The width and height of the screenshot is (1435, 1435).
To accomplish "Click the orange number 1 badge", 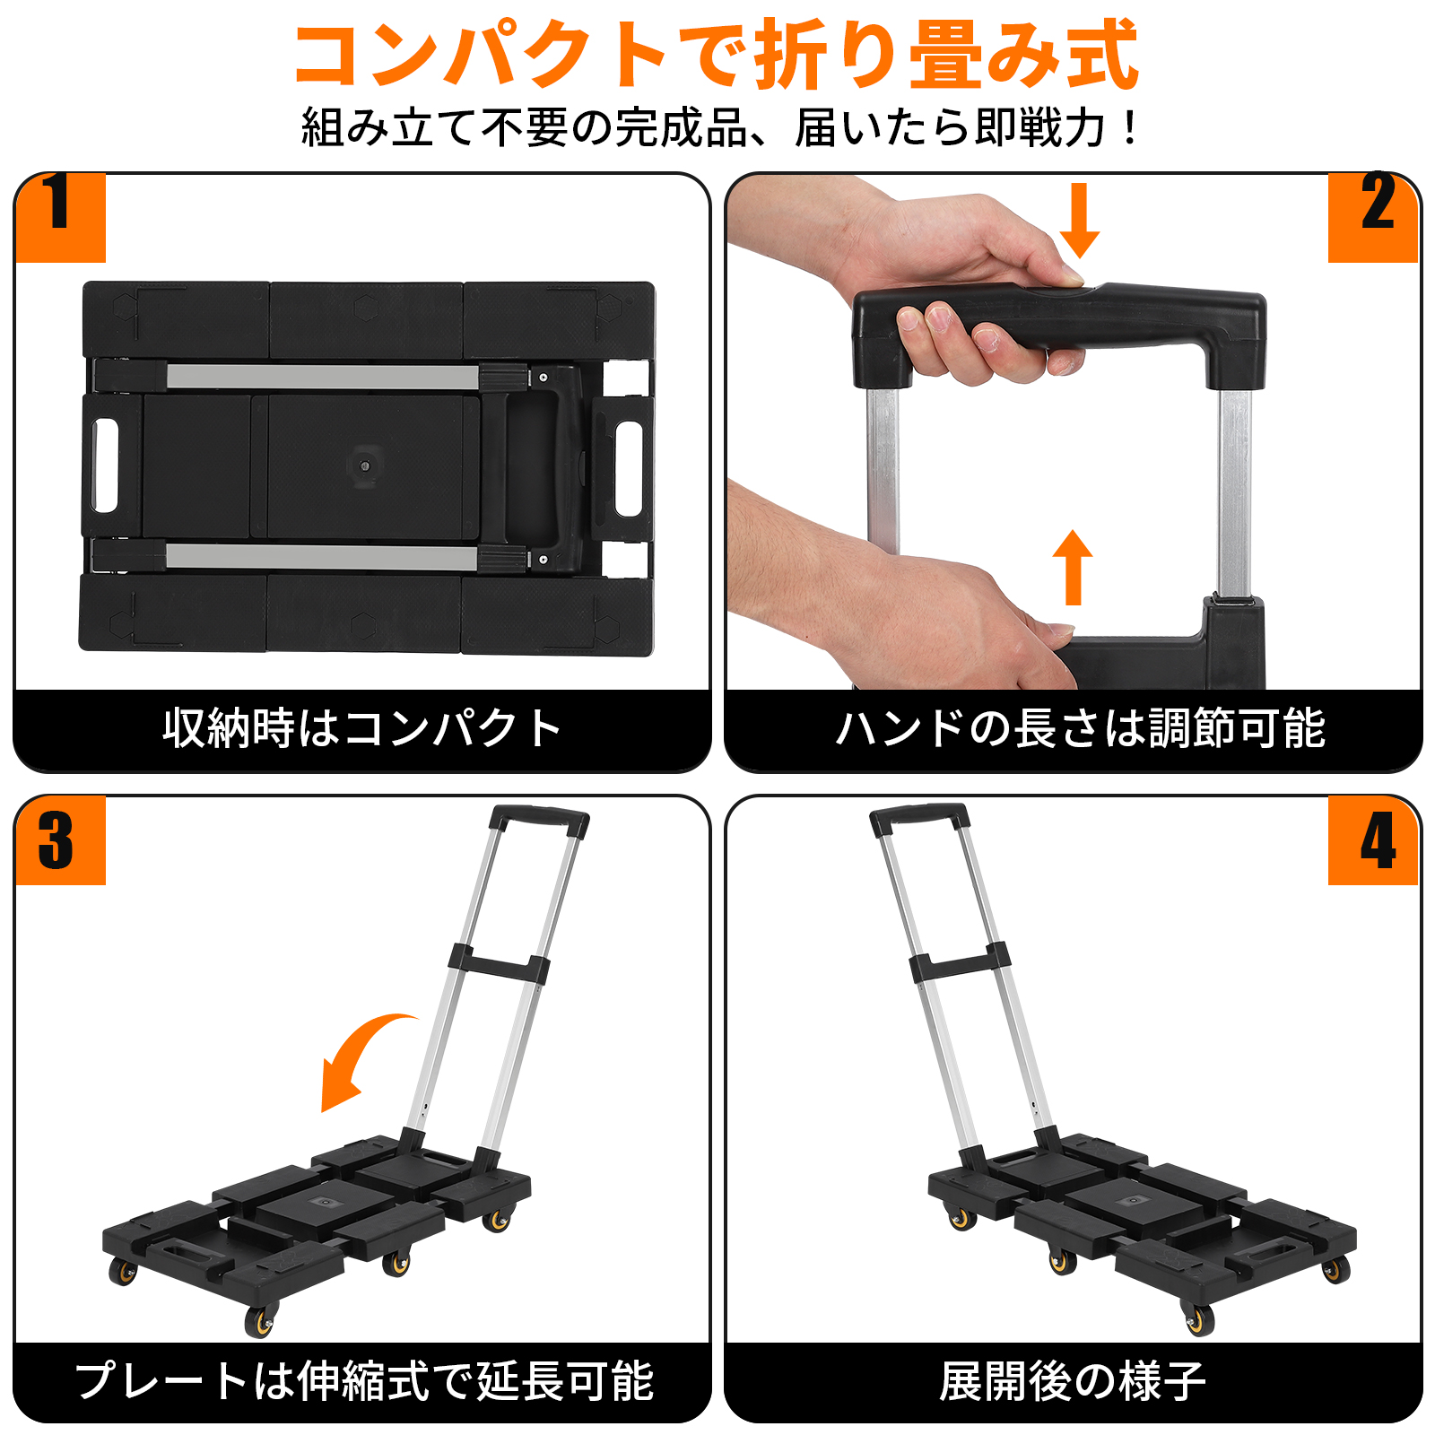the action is [x=60, y=217].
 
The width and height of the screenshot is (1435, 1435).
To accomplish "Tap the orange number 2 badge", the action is [x=1373, y=217].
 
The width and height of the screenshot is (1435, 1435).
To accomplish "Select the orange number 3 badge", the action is [x=60, y=840].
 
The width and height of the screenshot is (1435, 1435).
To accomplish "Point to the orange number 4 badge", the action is [x=1373, y=840].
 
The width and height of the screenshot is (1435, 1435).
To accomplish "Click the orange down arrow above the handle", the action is [x=1080, y=221].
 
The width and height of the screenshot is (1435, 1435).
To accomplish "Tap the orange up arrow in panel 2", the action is [x=1073, y=568].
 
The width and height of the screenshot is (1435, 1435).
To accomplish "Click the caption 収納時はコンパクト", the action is [x=362, y=727].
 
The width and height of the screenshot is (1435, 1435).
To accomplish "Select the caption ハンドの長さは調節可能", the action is [x=1080, y=727].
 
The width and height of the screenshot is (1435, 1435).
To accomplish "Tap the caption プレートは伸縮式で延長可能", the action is [x=364, y=1380].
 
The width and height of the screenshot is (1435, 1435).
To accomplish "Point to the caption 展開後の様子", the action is [x=1073, y=1380].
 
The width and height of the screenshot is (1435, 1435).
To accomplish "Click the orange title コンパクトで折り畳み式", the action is [x=717, y=55].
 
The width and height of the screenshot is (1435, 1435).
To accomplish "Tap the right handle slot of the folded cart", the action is [x=629, y=469].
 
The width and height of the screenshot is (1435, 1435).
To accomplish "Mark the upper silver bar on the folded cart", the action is [x=323, y=377].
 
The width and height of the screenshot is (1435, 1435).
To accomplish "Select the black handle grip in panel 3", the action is [x=540, y=820].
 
